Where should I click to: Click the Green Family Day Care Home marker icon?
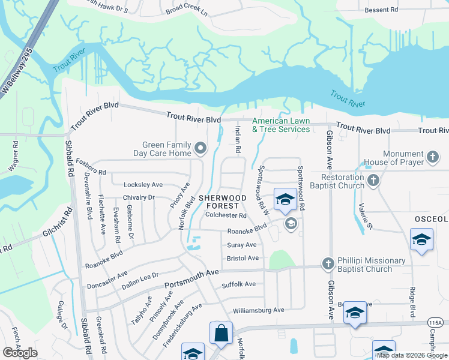tap(201, 148)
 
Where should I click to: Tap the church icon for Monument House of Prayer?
tap(433, 158)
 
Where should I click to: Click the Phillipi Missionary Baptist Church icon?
tap(328, 263)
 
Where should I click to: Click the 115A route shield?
tap(437, 323)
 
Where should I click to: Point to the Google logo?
tap(20, 353)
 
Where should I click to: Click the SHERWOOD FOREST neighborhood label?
tap(223, 202)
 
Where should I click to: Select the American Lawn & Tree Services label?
tap(281, 125)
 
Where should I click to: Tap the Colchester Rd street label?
tap(226, 215)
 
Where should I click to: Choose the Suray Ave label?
tap(242, 245)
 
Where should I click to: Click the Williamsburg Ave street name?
tap(259, 310)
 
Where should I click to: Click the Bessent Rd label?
tap(382, 10)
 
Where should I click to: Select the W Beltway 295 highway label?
tap(14, 76)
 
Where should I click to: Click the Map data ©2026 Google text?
tap(411, 355)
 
